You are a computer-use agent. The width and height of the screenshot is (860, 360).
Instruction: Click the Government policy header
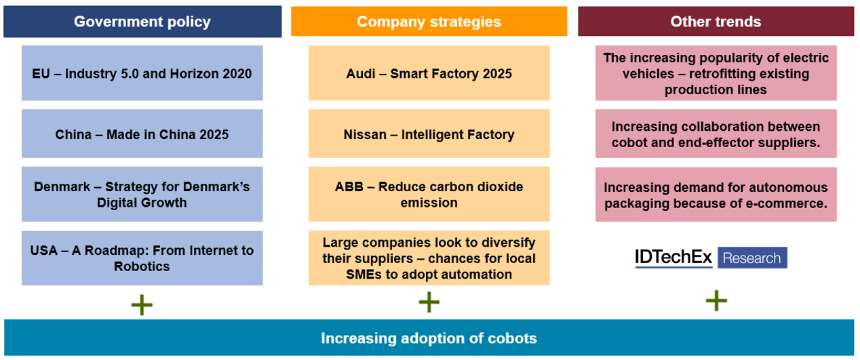point(142,22)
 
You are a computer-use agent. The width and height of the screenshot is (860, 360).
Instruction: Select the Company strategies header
point(429,22)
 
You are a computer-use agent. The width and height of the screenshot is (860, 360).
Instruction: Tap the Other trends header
point(716,22)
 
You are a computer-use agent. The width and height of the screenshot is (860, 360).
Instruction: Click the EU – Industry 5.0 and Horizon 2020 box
point(142,73)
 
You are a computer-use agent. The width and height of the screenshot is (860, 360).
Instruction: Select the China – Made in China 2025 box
point(142,134)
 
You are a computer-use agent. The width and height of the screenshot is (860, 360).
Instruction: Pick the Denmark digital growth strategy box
point(142,194)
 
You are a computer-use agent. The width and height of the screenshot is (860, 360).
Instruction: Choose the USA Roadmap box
point(142,258)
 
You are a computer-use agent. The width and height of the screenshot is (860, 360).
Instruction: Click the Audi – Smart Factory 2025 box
point(429,73)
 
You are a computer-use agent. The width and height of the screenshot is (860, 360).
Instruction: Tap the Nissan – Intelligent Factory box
point(429,134)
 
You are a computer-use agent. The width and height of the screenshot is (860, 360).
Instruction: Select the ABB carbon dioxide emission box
point(429,194)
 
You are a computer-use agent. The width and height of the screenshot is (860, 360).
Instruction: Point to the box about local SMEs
point(429,258)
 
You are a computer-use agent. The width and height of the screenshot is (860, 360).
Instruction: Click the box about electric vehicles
point(716,73)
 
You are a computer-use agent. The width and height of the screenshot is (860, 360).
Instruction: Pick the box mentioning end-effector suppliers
point(716,134)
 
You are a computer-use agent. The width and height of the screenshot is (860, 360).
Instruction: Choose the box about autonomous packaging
point(716,195)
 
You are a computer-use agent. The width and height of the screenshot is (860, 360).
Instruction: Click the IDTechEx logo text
point(673,258)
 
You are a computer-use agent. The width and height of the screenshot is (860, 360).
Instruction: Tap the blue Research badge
point(752,258)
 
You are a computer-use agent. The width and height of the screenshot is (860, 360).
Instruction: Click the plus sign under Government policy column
point(142,305)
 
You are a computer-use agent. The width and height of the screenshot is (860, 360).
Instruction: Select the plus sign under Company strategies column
point(429,302)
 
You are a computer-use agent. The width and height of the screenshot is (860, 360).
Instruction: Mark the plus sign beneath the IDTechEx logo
point(716,300)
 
